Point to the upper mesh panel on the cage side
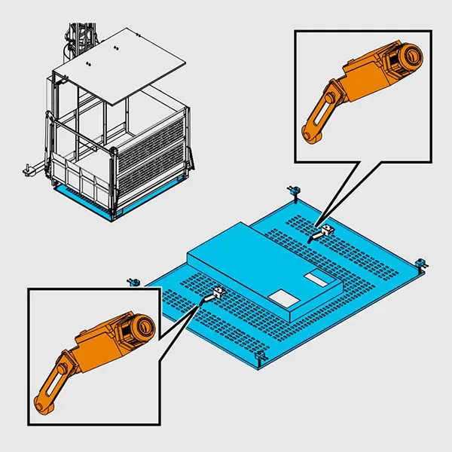[x=150, y=136]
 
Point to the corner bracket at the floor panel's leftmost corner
[x=133, y=282]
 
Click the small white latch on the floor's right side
[x=327, y=229]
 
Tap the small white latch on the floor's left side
[x=218, y=292]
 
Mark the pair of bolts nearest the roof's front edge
[x=89, y=63]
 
